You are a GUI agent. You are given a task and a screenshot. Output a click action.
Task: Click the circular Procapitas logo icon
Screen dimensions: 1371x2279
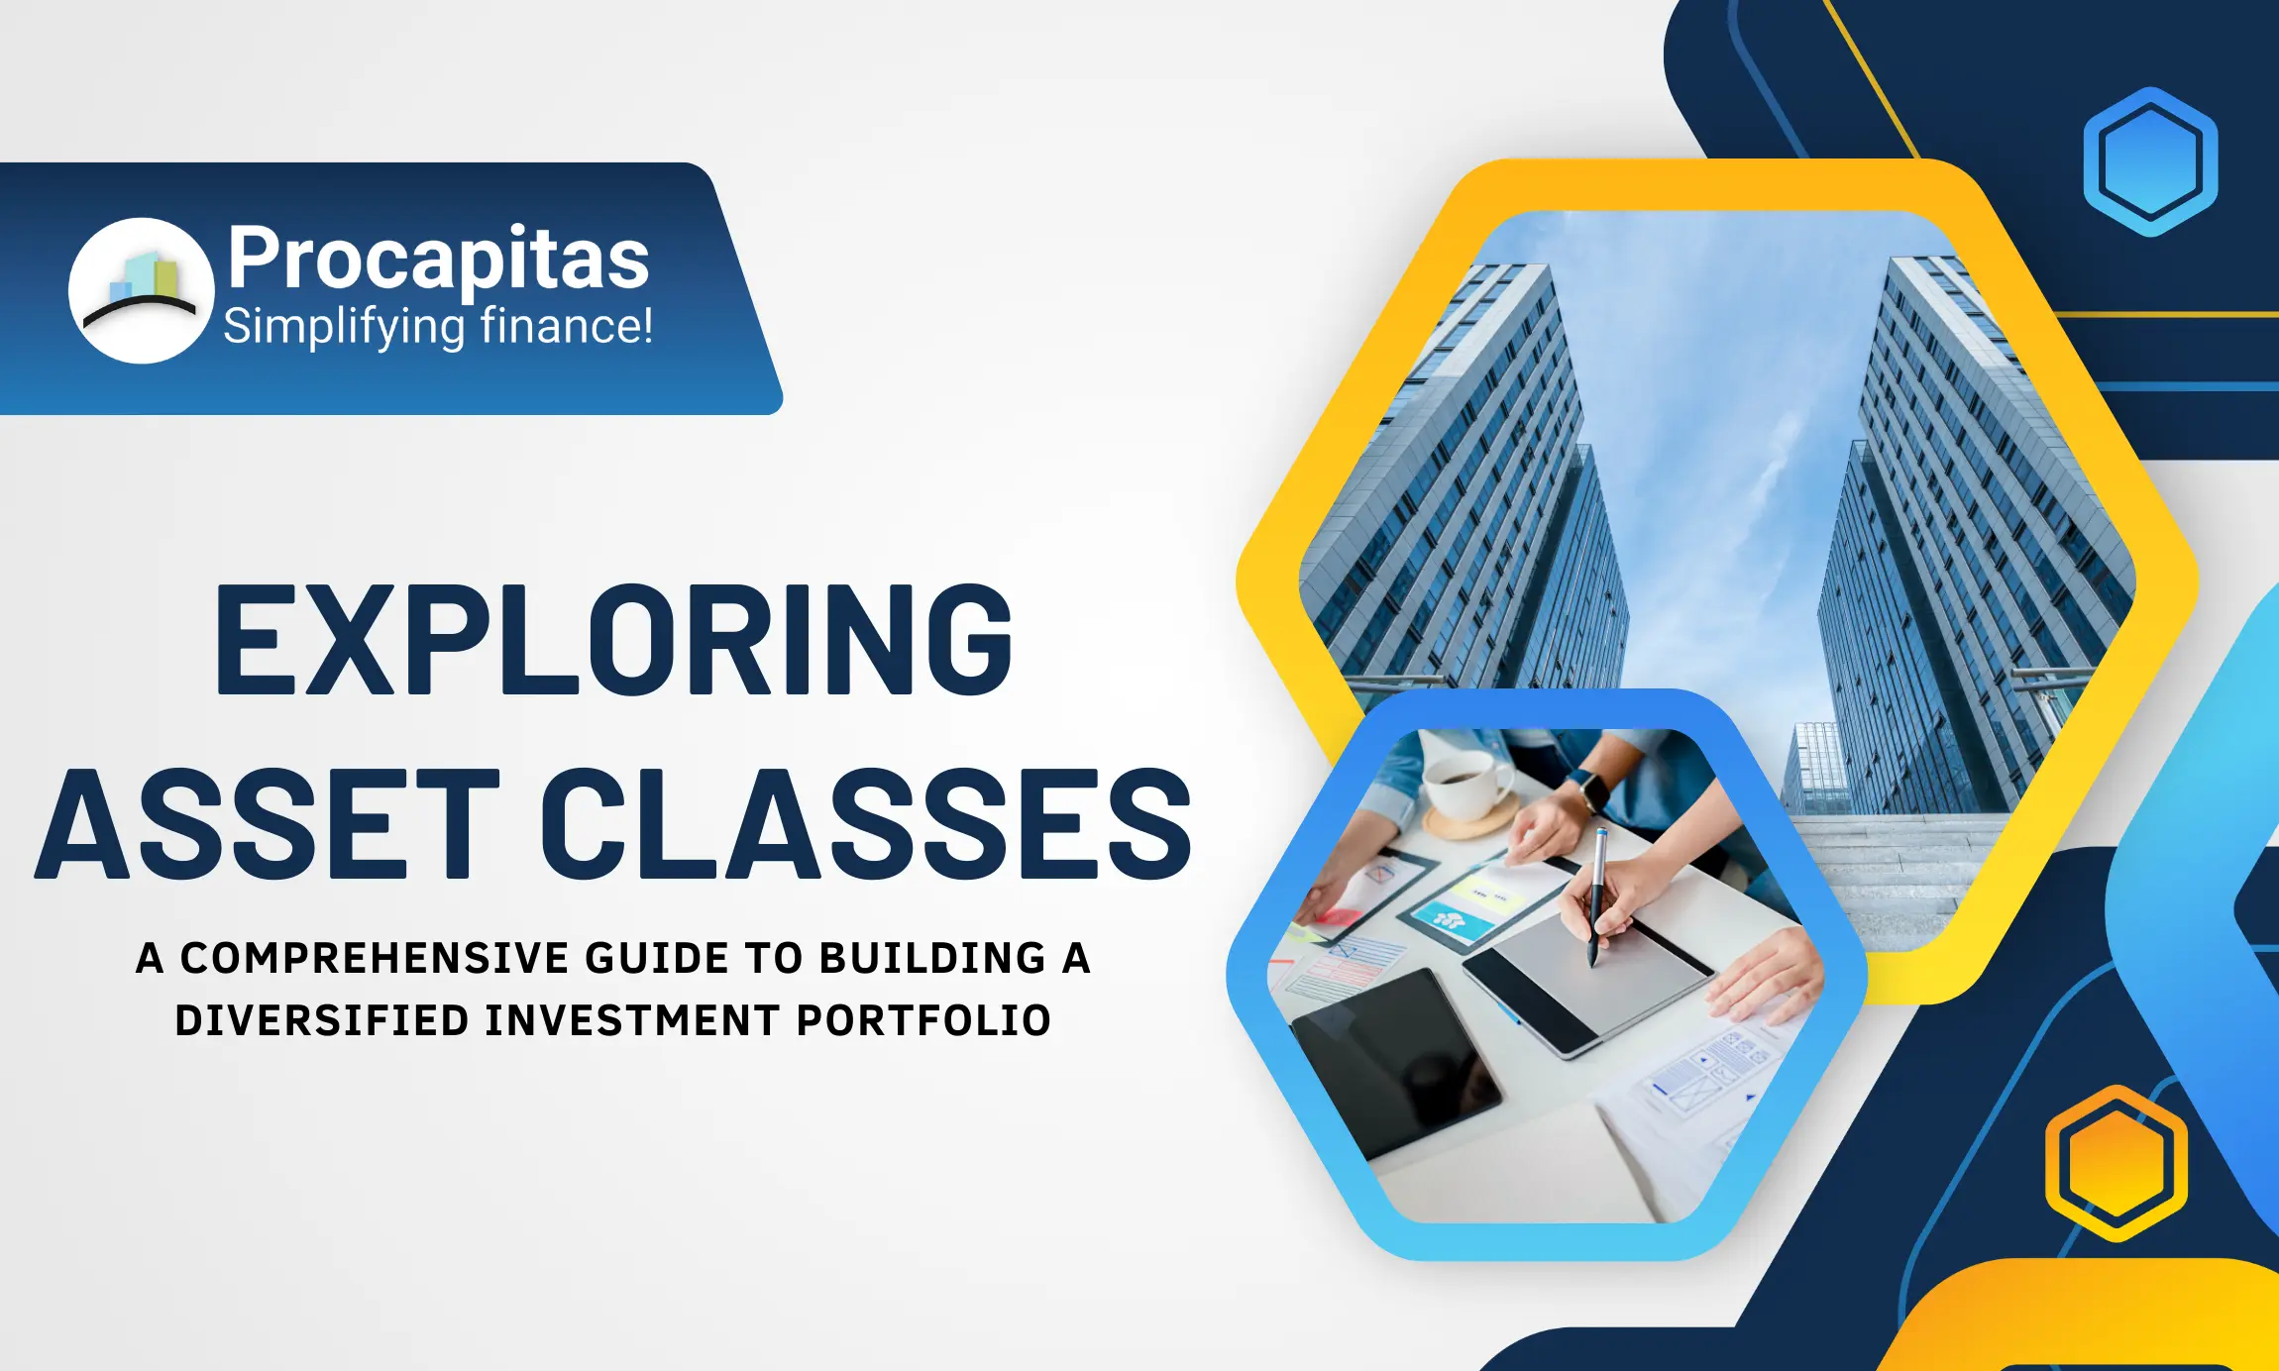tap(141, 290)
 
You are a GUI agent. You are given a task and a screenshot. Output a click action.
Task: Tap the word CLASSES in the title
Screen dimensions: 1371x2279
tap(866, 824)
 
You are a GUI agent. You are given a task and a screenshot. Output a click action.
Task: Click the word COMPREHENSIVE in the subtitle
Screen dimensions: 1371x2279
tap(376, 958)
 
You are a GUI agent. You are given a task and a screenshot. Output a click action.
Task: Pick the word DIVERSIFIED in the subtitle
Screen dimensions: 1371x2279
tap(321, 1020)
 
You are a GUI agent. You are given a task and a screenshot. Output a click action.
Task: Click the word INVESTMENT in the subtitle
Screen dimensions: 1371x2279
tap(632, 1020)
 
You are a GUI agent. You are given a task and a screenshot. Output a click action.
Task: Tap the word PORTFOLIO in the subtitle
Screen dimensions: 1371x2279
tap(923, 1020)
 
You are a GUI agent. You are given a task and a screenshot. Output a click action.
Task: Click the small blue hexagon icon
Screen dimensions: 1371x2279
tap(2150, 161)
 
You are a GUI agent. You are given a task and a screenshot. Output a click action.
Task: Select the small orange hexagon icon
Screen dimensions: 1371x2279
tap(2116, 1163)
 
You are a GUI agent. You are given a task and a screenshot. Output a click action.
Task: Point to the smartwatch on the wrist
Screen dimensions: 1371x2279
tap(1591, 790)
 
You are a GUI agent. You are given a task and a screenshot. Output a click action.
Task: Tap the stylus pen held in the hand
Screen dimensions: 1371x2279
tap(1597, 896)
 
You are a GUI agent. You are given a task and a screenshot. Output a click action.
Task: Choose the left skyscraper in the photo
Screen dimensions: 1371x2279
tap(1466, 475)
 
